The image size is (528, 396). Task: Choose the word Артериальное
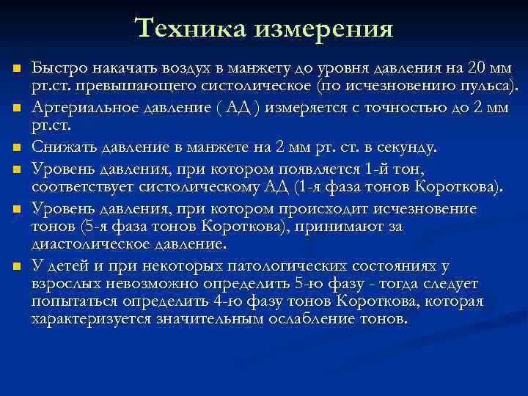point(80,108)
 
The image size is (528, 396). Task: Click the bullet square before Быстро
point(16,69)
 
